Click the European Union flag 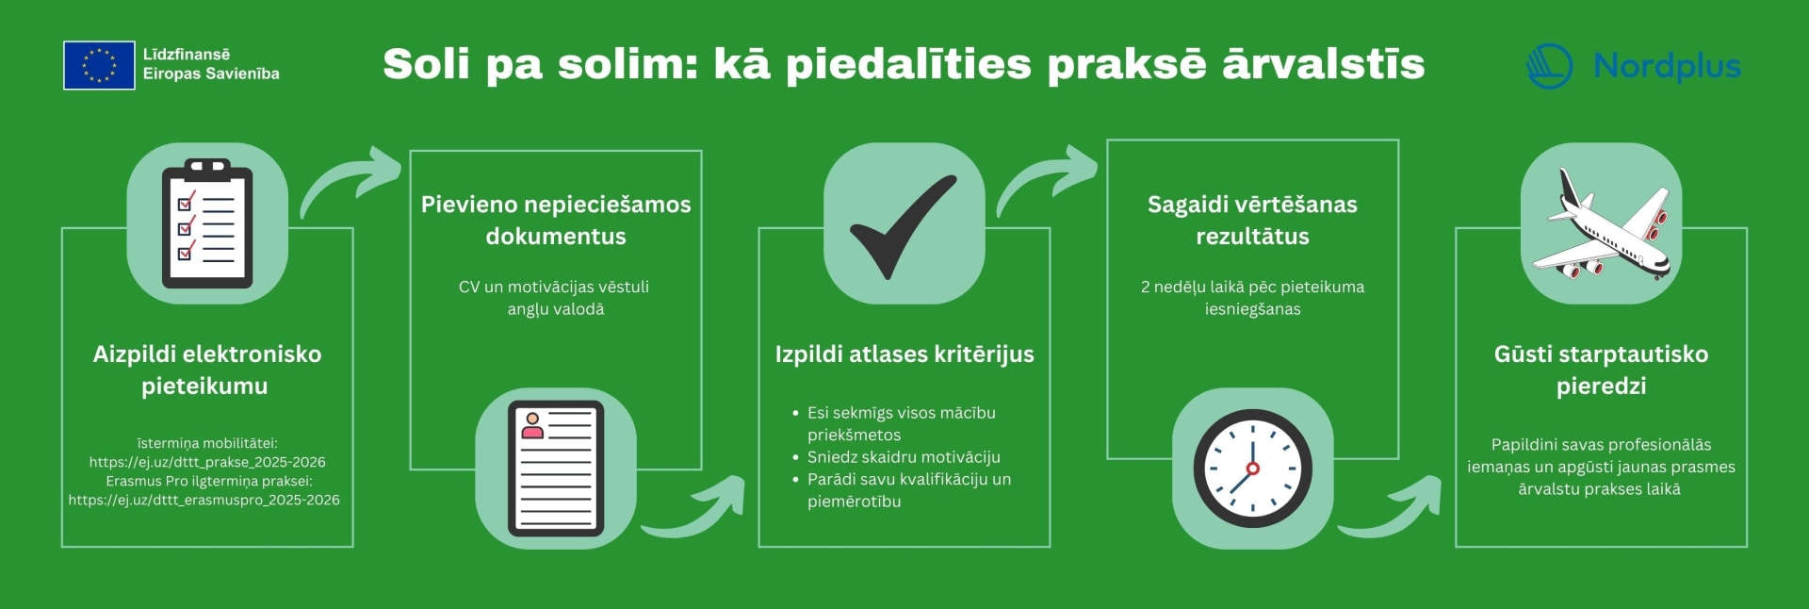pos(99,65)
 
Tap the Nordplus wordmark pos(1667,66)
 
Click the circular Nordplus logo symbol pos(1549,66)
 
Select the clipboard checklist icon pos(207,223)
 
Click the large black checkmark pos(903,226)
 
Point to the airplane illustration pos(1601,224)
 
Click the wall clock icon pos(1252,469)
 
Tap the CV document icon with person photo pos(556,469)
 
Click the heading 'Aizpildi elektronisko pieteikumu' pos(206,370)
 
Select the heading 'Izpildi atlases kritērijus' pos(904,354)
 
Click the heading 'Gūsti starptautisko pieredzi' pos(1601,370)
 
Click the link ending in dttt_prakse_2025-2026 pos(207,462)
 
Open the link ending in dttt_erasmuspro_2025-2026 pos(204,500)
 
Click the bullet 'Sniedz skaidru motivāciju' pos(904,457)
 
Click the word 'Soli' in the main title pos(427,64)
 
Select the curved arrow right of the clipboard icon pos(350,180)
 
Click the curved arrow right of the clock pos(1390,507)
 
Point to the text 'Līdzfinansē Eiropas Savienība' pos(211,64)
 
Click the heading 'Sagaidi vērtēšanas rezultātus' pos(1252,220)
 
